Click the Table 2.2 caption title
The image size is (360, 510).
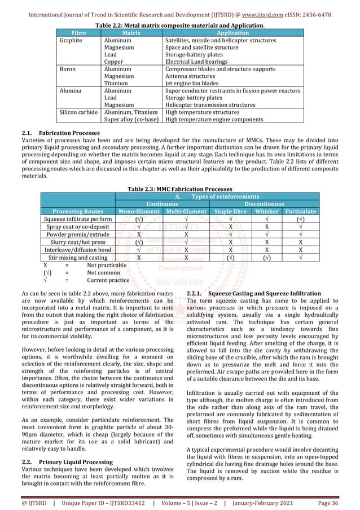180,25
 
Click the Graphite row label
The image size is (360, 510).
71,41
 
